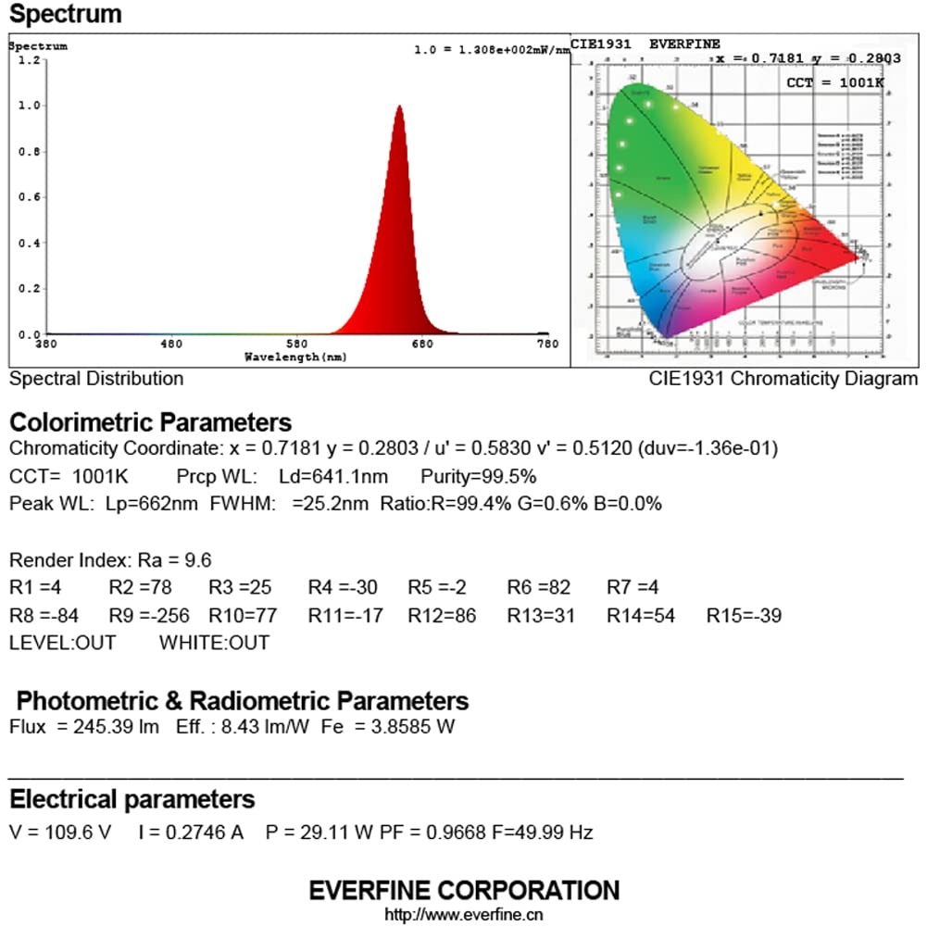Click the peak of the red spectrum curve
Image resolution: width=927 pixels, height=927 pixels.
coord(399,106)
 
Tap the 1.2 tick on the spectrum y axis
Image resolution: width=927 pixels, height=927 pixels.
coord(31,60)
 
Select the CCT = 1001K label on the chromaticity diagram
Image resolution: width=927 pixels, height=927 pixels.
coord(834,83)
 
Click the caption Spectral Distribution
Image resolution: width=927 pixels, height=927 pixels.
coord(96,379)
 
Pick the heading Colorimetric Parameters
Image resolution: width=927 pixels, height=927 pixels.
coord(150,423)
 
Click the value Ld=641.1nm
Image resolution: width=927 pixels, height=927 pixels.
coord(332,477)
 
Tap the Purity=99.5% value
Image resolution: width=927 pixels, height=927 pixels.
coord(478,477)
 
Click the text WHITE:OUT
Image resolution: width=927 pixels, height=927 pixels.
coord(215,643)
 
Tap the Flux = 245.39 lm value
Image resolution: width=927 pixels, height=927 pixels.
coord(84,727)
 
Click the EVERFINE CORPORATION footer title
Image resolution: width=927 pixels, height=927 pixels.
coord(464,891)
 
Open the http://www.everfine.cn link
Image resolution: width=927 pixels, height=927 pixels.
coord(464,915)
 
